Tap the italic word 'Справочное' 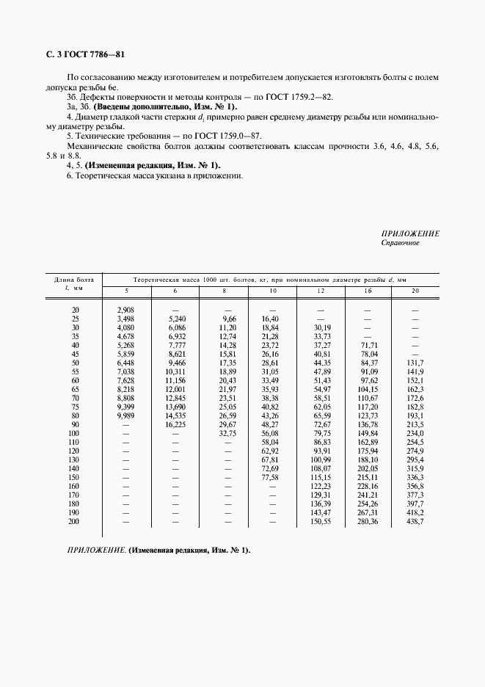[400, 242]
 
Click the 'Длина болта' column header [73, 280]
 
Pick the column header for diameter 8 [223, 292]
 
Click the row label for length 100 [73, 433]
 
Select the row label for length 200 [73, 521]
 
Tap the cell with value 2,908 [125, 310]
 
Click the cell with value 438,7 [415, 521]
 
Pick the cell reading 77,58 [271, 477]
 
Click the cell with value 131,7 [415, 363]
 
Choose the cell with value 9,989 [125, 415]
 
